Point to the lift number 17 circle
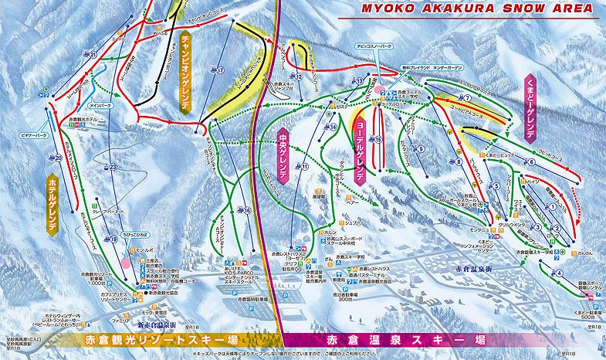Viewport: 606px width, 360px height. pyautogui.click(x=220, y=70)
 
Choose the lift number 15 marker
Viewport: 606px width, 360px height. pyautogui.click(x=379, y=139)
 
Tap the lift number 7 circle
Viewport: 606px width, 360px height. pyautogui.click(x=467, y=98)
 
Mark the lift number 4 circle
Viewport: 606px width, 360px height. pyautogui.click(x=559, y=273)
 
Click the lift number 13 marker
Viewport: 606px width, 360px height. pyautogui.click(x=360, y=81)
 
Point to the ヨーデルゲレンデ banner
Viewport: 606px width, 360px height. pyautogui.click(x=359, y=151)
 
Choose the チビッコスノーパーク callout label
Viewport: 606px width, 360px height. pyautogui.click(x=371, y=68)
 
